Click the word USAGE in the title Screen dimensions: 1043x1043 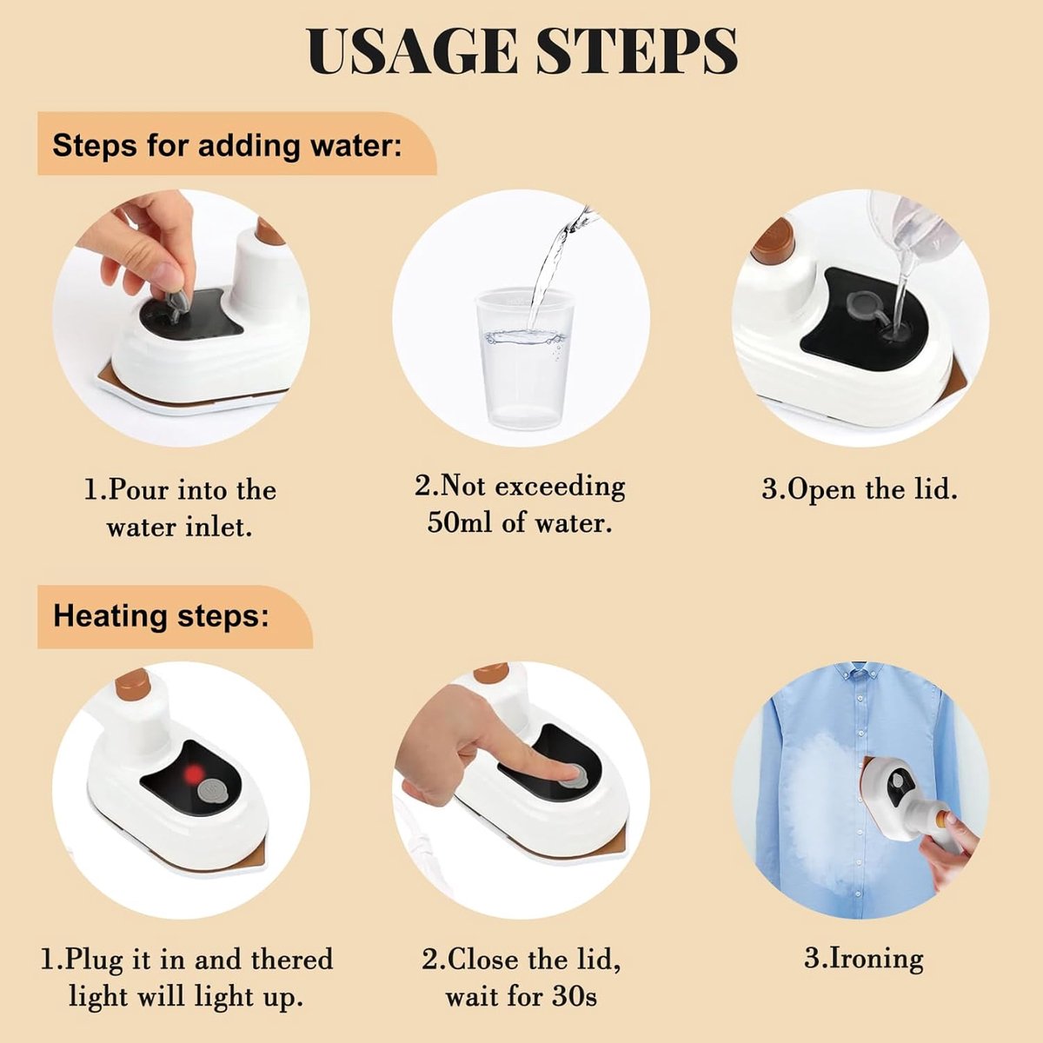coord(412,51)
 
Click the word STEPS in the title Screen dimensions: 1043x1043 coord(636,51)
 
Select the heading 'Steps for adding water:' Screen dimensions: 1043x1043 coord(228,146)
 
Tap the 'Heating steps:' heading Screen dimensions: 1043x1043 coord(161,617)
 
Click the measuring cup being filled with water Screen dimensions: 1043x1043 coord(523,357)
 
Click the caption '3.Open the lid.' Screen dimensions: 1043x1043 coord(860,489)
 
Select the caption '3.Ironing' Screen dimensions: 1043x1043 coord(864,959)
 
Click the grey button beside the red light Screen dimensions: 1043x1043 coord(213,792)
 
